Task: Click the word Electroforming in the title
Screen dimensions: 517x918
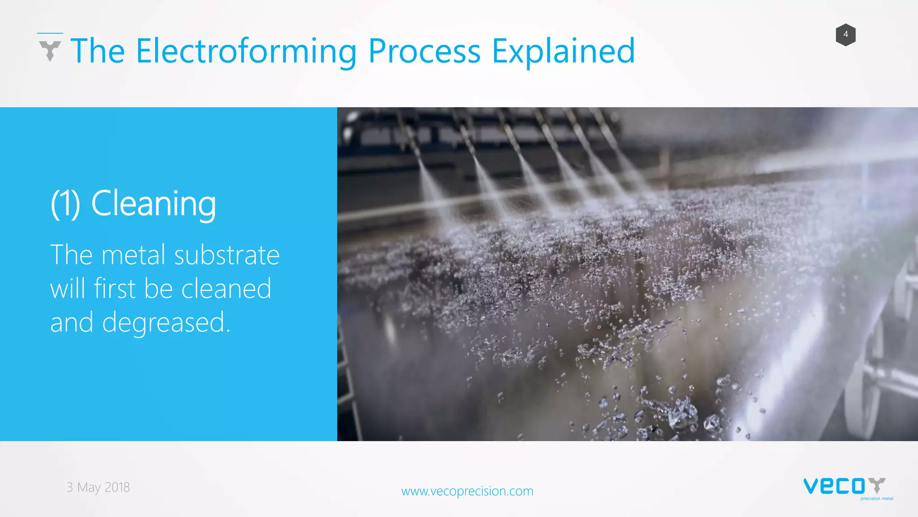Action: (x=246, y=51)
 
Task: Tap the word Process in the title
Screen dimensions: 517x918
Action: (x=424, y=51)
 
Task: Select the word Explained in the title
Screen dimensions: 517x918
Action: (x=563, y=51)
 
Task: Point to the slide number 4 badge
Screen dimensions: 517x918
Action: (x=845, y=35)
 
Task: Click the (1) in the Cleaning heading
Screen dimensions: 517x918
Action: (x=65, y=204)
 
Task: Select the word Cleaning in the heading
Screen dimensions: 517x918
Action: (x=153, y=204)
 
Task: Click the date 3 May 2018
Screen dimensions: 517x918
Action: (x=98, y=487)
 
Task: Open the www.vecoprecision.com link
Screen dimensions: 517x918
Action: (x=467, y=491)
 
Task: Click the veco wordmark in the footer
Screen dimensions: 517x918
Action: (x=834, y=486)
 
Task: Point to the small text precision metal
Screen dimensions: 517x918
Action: (x=876, y=499)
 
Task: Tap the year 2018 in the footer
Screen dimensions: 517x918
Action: (x=117, y=487)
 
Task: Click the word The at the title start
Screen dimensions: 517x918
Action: (x=97, y=51)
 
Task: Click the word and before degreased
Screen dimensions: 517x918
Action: (x=72, y=322)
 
